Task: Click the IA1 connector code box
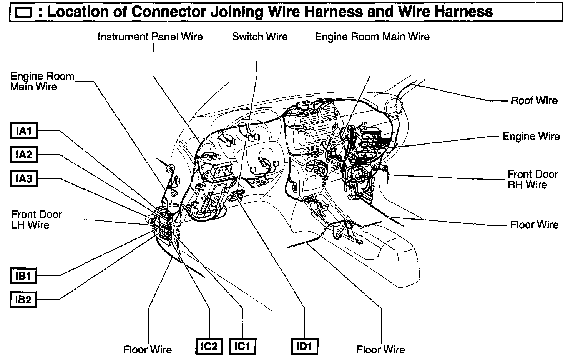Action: (x=23, y=131)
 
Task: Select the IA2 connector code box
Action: (x=23, y=155)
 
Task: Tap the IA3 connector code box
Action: (x=23, y=178)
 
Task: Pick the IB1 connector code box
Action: (x=23, y=276)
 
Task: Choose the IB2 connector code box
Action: (x=23, y=300)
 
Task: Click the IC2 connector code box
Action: (x=209, y=347)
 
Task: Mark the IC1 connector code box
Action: (x=242, y=347)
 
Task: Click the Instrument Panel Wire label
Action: (x=150, y=37)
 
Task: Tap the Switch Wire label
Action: (x=260, y=37)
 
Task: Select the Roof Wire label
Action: (x=534, y=101)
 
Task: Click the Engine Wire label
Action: (x=531, y=137)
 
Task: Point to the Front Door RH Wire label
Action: (x=533, y=179)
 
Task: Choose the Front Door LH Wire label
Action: (x=37, y=219)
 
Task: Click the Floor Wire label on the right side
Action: (x=534, y=225)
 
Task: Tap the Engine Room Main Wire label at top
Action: (x=372, y=37)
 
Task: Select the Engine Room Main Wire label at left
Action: (x=42, y=81)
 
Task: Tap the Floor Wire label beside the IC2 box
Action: (x=148, y=350)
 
